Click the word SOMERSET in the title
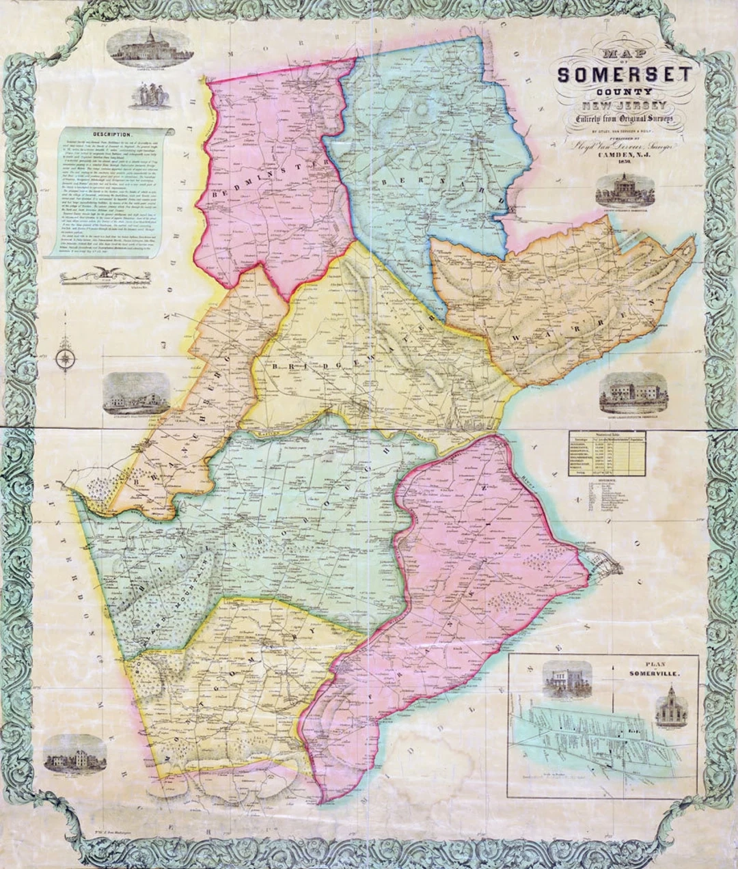pyautogui.click(x=625, y=74)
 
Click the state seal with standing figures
pyautogui.click(x=151, y=95)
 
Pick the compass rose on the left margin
pyautogui.click(x=65, y=358)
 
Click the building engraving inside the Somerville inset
pyautogui.click(x=566, y=680)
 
